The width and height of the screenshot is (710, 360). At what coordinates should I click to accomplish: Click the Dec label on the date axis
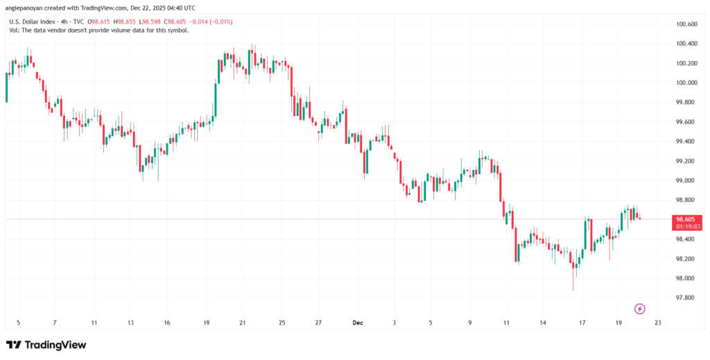(x=358, y=323)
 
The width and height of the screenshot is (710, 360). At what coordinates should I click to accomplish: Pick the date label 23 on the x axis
(x=657, y=323)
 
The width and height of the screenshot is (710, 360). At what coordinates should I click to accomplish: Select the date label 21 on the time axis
(x=242, y=323)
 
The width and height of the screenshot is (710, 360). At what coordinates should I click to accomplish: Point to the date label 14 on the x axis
(x=544, y=323)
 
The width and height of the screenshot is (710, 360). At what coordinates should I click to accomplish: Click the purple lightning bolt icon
(x=640, y=308)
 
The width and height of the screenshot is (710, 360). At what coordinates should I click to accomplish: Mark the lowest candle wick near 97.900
(x=573, y=289)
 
